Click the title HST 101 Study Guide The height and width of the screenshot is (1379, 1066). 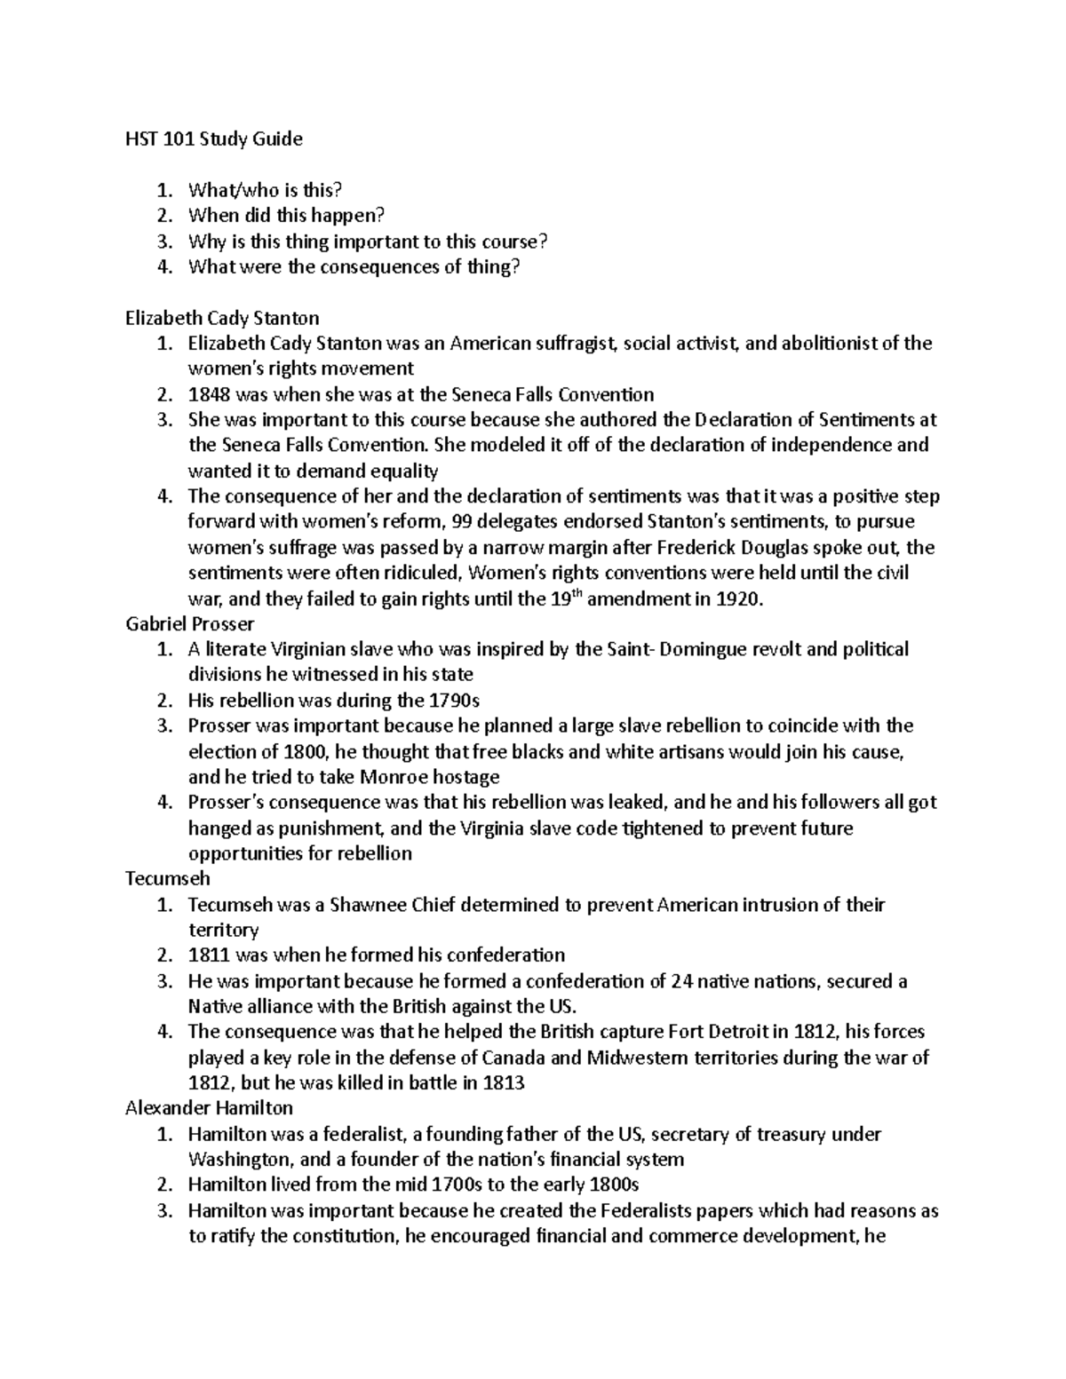click(213, 139)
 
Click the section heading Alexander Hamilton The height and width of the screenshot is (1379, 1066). click(209, 1108)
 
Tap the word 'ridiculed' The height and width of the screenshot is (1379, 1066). click(420, 573)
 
